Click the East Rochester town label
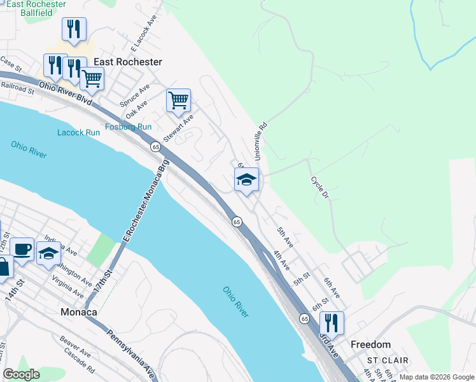click(x=127, y=62)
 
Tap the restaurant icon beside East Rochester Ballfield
click(x=74, y=29)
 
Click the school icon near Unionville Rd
click(x=246, y=180)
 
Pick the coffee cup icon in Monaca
click(x=22, y=250)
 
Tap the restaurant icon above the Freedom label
click(x=331, y=323)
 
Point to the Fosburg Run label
click(x=128, y=127)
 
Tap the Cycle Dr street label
click(x=319, y=187)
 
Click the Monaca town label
click(x=78, y=313)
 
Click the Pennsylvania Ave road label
click(x=130, y=353)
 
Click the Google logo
click(x=22, y=374)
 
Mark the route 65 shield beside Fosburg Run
click(x=155, y=147)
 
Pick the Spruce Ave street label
click(x=135, y=95)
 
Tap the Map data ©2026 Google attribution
click(x=436, y=377)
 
